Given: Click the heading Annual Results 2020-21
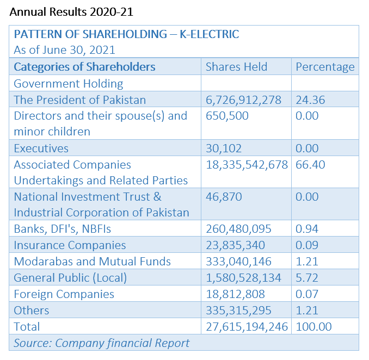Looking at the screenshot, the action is coord(71,12).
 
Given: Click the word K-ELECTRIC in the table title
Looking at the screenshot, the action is coord(210,34).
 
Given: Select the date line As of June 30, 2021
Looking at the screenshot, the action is coord(64,50).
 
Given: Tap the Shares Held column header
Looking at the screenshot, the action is coord(237,67).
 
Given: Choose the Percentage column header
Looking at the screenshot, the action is coord(325,67).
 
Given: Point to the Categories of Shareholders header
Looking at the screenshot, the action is coord(84,67).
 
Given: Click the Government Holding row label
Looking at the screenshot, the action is coord(69,84).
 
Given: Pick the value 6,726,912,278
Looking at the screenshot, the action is coord(244,100).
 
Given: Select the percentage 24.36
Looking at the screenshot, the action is coord(310,100).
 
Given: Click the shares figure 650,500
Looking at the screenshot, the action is coord(227,116).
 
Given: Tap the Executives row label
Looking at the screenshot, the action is coord(41,148).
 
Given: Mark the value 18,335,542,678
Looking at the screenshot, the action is coord(247,165).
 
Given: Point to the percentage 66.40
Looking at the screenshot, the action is coord(310,165).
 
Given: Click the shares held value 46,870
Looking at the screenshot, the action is coord(224,197).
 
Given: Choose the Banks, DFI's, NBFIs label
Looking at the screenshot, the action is coord(63,229).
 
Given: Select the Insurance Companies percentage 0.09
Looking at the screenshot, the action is coord(307,245).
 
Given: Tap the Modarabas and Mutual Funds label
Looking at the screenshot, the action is coord(93,262).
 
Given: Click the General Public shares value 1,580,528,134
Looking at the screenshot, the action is coord(244,278).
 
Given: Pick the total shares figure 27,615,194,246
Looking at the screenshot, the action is coord(247,327).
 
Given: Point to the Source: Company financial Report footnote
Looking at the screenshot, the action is coord(102,343).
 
